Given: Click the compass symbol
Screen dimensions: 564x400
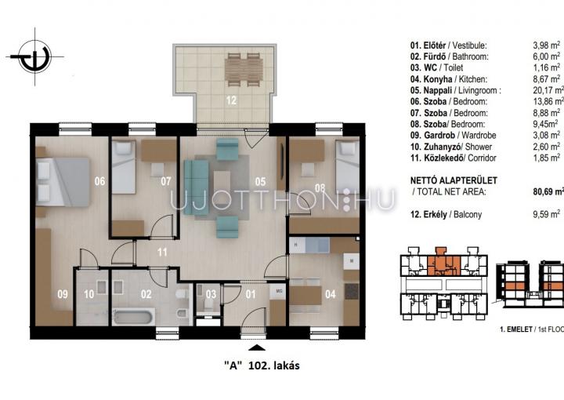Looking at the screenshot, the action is point(35,57).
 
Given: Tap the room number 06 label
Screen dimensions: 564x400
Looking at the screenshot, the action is point(99,180).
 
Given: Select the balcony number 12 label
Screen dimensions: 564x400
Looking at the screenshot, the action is point(231,100).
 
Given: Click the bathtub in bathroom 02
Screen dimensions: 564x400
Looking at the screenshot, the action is point(133,317).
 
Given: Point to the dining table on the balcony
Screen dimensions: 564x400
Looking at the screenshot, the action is point(244,70).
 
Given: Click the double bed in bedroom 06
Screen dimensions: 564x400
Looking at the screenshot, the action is point(63,182).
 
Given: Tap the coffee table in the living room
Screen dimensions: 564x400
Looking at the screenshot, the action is point(222,184).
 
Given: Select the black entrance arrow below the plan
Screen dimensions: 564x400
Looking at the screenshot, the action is point(257,347).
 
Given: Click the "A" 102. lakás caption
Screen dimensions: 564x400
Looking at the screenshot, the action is point(262,365).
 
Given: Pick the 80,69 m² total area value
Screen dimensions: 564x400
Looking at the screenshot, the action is point(548,191).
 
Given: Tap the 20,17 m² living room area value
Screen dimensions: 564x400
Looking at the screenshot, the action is point(548,90).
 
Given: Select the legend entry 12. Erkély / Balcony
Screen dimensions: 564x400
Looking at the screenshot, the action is point(446,215).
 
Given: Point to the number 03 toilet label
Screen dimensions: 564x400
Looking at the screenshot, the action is point(211,294).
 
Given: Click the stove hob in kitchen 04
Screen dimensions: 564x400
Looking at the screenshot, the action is point(352,291).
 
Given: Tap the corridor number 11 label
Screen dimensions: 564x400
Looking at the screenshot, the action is point(162,252).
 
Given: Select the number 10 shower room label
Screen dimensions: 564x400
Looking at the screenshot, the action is point(89,294).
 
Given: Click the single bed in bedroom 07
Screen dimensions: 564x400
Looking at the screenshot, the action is point(124,167).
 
